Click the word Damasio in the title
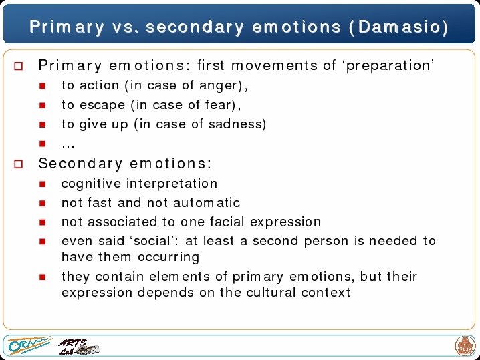pos(399,27)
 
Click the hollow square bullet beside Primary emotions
pos(18,66)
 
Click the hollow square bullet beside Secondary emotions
pos(18,164)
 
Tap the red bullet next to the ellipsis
pos(43,144)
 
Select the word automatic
pos(207,203)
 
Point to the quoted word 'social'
pos(152,240)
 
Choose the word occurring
pos(168,257)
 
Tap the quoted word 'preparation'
pos(390,65)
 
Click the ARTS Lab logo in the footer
pos(79,347)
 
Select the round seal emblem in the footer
pos(465,345)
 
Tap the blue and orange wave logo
pos(29,345)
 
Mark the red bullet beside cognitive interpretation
pos(43,184)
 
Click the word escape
pos(102,105)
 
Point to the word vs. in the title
pos(126,27)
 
